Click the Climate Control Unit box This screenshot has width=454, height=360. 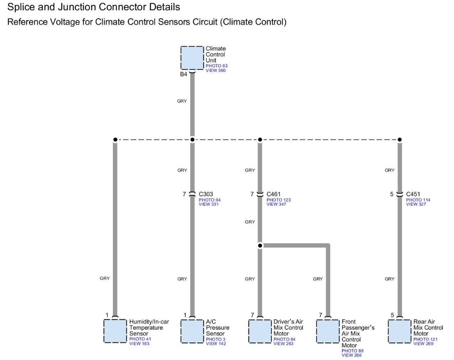192,58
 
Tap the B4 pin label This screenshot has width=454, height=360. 183,75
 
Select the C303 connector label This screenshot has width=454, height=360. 206,194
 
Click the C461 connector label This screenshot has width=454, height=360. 274,194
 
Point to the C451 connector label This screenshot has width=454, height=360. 413,194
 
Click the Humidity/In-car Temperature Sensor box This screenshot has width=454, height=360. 115,331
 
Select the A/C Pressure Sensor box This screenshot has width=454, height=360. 192,331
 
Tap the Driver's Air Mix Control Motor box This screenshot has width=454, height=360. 260,331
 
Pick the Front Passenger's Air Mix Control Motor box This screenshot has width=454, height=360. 328,331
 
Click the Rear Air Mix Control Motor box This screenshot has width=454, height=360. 400,331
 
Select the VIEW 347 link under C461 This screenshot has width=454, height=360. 276,204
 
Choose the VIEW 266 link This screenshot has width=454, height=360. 351,355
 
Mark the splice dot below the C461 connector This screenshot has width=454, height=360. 260,245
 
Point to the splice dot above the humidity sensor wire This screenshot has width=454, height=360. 115,140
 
